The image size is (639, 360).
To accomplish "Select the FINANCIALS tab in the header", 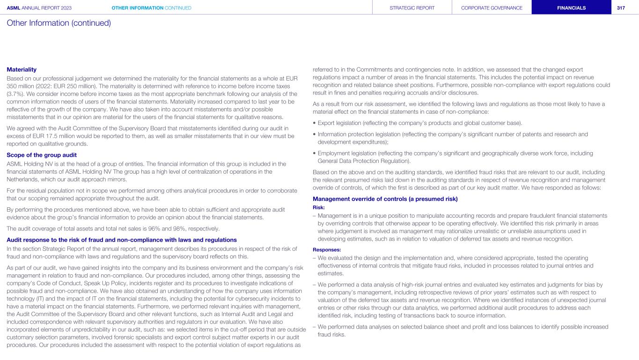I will point(571,7).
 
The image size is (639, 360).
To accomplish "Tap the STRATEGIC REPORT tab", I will point(412,7).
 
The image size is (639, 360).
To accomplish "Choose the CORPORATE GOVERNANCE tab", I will point(492,7).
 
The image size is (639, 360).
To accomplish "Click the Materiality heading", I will point(22,69).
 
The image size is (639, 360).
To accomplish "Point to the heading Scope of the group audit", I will point(42,155).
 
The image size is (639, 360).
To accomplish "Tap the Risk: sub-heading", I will point(319,207).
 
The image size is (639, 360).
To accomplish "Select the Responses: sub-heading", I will point(326,250).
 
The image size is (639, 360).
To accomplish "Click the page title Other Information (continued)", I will point(59,22).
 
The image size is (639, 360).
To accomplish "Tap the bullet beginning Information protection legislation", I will point(449,134).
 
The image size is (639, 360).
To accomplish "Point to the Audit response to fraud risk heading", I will point(122,240).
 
